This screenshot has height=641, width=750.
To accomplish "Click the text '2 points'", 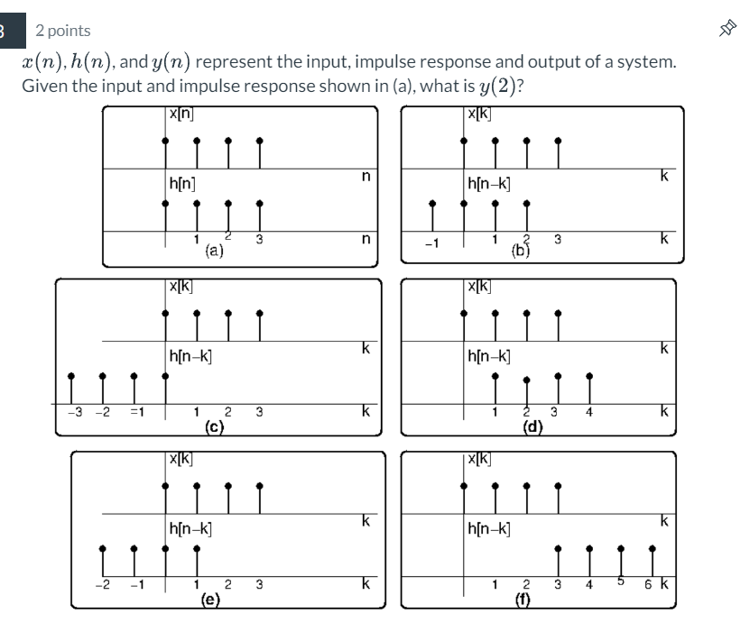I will [63, 31].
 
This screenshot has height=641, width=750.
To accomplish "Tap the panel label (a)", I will [214, 252].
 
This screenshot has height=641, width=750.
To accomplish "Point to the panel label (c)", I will [214, 426].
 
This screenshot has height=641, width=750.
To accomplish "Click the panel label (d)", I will [532, 426].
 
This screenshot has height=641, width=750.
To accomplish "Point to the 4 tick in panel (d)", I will [588, 413].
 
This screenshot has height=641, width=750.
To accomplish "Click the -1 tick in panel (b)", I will [431, 241].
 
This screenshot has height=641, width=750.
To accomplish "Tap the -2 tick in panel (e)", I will [105, 587].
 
